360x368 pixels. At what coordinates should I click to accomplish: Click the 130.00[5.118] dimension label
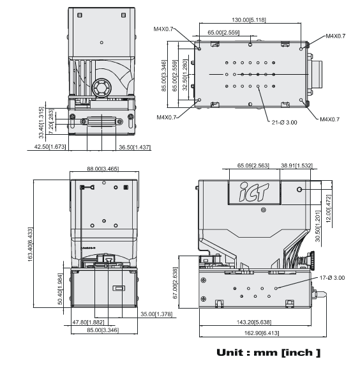click(249, 20)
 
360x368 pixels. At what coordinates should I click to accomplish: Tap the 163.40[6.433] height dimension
click(31, 244)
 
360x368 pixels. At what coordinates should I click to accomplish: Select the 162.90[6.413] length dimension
click(262, 333)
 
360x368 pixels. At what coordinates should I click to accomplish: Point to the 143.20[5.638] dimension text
click(254, 322)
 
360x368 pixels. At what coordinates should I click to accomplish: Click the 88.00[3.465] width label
click(103, 169)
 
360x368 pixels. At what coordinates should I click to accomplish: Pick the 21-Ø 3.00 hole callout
click(284, 122)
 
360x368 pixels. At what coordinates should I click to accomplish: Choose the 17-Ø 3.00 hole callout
click(332, 278)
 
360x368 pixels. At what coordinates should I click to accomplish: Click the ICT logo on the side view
click(254, 192)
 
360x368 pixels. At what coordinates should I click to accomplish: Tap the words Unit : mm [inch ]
click(268, 353)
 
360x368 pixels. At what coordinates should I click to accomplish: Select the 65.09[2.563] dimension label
click(253, 165)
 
